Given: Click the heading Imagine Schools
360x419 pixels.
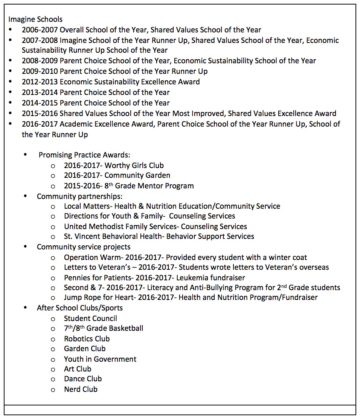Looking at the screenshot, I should (x=35, y=19).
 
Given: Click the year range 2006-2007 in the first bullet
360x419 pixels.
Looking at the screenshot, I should (x=40, y=30).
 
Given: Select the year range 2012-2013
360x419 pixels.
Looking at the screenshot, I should (x=40, y=82).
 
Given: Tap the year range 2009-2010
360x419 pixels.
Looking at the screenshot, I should (x=40, y=71).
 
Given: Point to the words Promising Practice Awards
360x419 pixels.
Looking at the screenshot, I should (x=84, y=155).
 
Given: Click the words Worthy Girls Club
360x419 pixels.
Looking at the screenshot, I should (x=134, y=165).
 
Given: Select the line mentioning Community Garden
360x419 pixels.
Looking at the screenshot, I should (x=117, y=176).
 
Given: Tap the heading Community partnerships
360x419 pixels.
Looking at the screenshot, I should (x=79, y=196).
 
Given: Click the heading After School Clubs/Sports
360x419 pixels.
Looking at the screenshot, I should (x=79, y=308).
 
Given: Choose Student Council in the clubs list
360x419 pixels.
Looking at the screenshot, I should (x=90, y=319).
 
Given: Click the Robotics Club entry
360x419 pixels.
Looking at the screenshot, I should (x=87, y=339).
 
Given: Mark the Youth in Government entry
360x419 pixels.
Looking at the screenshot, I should (x=100, y=359).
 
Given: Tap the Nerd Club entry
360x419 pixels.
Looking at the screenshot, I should (x=81, y=389).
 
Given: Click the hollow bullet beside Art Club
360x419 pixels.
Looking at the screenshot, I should (x=53, y=370).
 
